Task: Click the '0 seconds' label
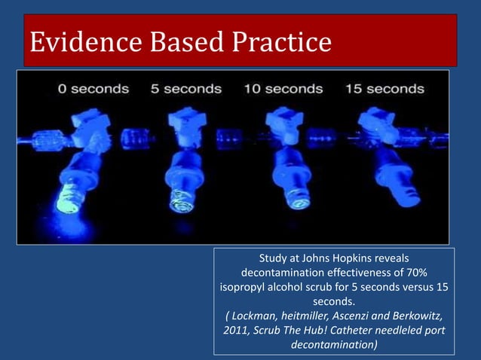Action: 93,89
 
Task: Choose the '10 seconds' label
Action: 284,89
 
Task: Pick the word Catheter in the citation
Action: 357,331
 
